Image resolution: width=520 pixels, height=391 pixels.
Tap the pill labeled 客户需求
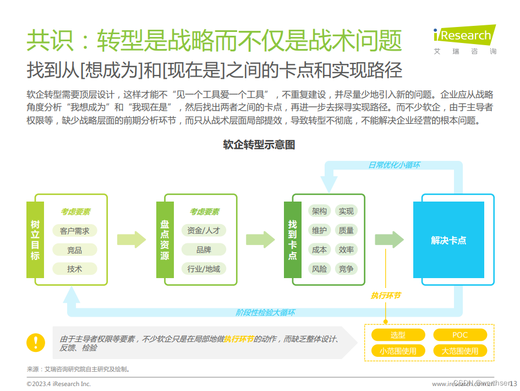(75, 231)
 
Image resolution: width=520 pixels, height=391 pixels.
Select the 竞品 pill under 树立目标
(75, 250)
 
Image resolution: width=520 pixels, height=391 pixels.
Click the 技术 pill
(75, 269)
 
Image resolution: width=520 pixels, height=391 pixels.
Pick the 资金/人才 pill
(204, 231)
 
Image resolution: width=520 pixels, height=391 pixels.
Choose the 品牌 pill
(204, 250)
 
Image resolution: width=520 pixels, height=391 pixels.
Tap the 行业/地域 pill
(204, 269)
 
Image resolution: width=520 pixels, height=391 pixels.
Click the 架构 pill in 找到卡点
(319, 211)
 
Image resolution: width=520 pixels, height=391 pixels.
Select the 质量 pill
(346, 230)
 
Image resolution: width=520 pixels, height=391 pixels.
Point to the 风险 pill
(319, 269)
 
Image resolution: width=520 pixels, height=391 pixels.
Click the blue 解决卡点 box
(448, 240)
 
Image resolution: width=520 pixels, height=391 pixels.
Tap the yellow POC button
(460, 335)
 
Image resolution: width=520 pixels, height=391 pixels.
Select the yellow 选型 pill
(398, 335)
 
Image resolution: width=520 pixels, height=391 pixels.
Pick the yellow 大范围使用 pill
(460, 351)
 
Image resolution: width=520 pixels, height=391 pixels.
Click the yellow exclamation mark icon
(36, 342)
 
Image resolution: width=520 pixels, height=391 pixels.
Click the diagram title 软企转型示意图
(259, 145)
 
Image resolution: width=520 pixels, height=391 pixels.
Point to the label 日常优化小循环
(395, 165)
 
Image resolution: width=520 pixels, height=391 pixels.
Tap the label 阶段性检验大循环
(265, 312)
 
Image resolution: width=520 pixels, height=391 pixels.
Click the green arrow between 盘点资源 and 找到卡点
(260, 240)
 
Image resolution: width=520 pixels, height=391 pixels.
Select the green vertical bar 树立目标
(35, 240)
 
